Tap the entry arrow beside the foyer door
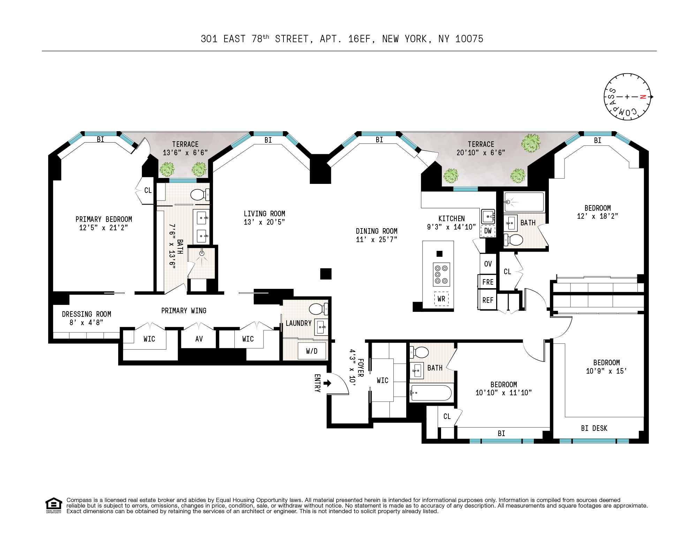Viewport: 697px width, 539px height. point(327,383)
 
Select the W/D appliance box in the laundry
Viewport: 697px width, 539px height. point(312,351)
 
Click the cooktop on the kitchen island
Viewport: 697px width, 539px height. point(441,274)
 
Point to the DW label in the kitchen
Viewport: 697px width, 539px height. point(488,231)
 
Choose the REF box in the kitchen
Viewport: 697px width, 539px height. point(488,300)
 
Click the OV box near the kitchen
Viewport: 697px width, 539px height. point(488,264)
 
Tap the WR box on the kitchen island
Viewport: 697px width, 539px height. point(441,299)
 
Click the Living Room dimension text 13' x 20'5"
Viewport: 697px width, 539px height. point(264,222)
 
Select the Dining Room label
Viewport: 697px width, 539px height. point(377,231)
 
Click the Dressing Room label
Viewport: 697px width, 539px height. point(86,314)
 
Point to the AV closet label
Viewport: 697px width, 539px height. point(199,339)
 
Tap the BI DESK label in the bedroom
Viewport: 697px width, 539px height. point(594,428)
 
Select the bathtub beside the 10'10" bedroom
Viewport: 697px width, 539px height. point(431,393)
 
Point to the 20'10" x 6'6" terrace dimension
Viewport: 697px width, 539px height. point(481,152)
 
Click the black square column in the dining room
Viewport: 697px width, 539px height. point(326,274)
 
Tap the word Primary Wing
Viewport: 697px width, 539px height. point(184,310)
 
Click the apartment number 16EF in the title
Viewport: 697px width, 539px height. point(359,39)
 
